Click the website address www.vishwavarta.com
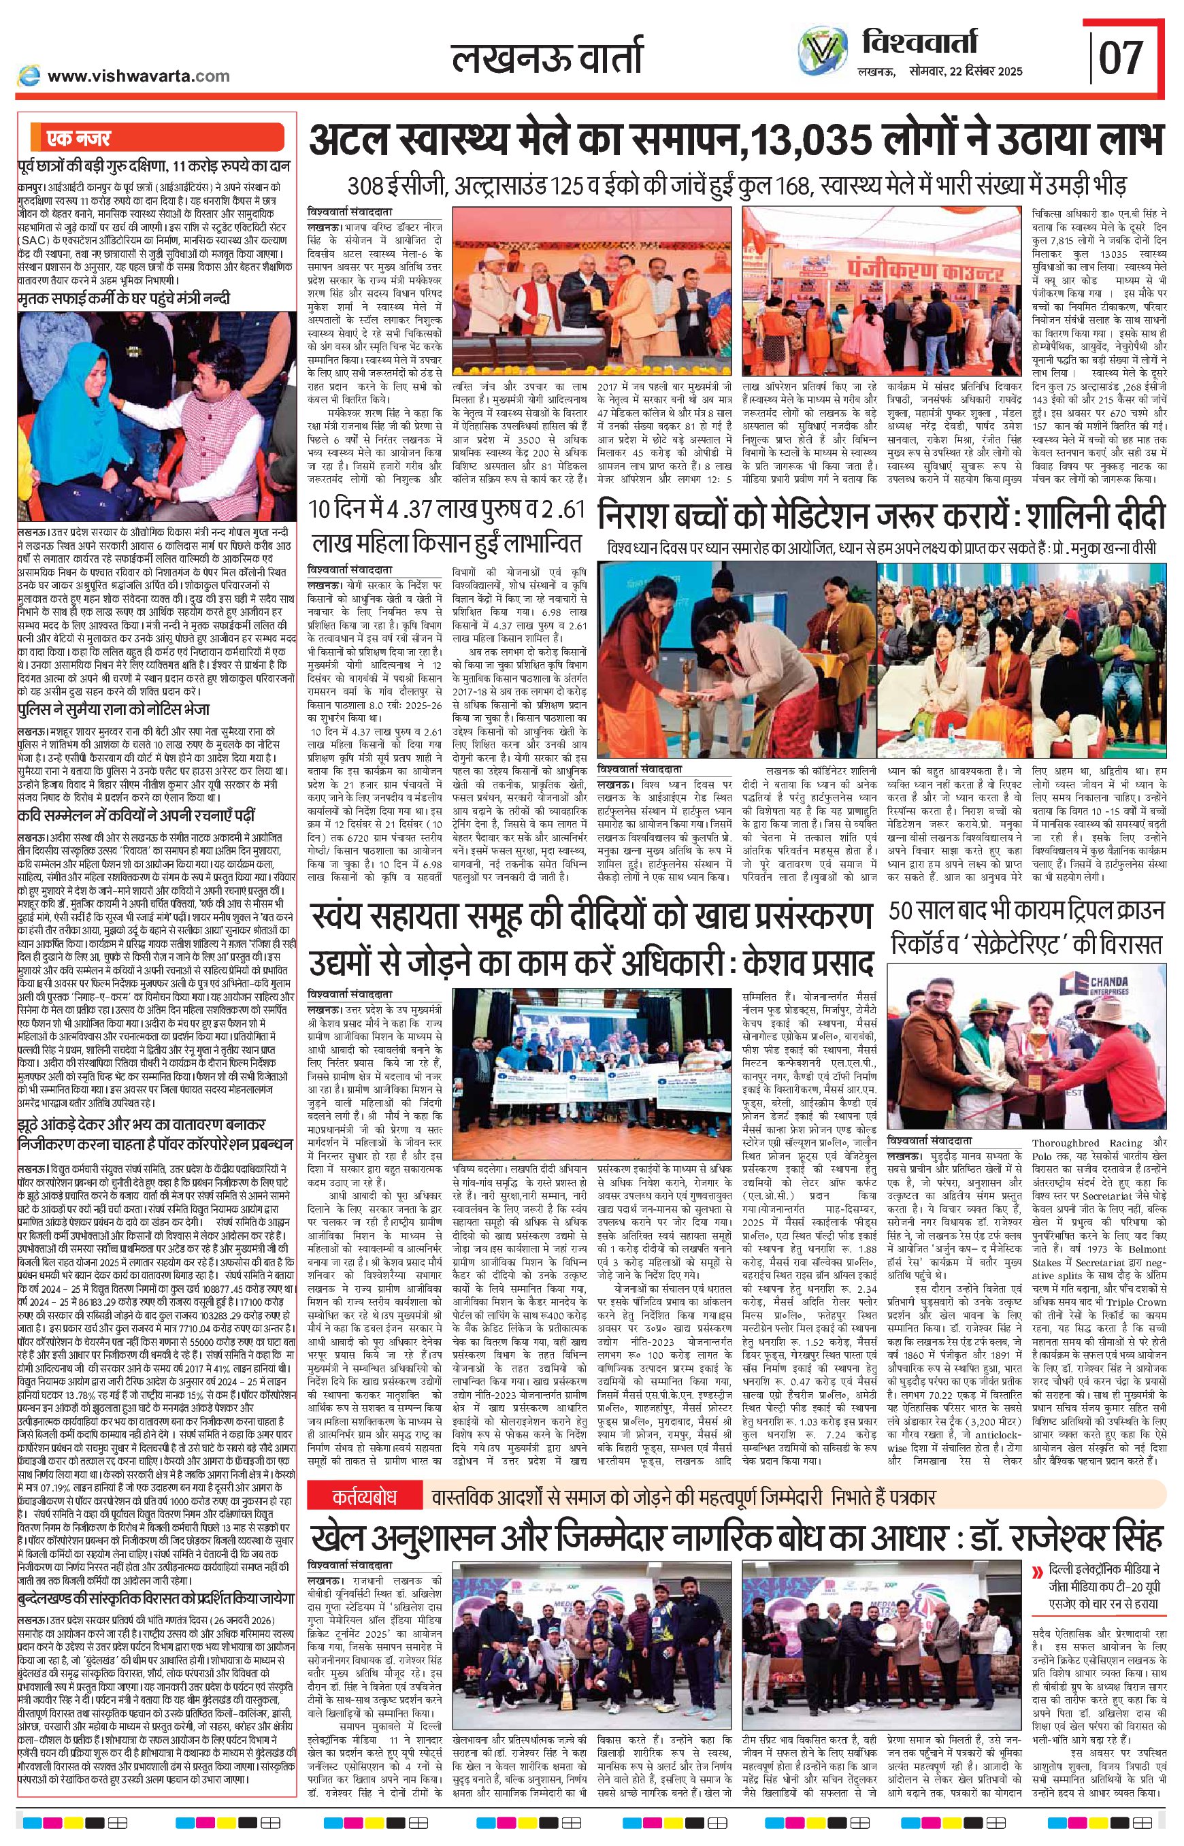138,76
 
